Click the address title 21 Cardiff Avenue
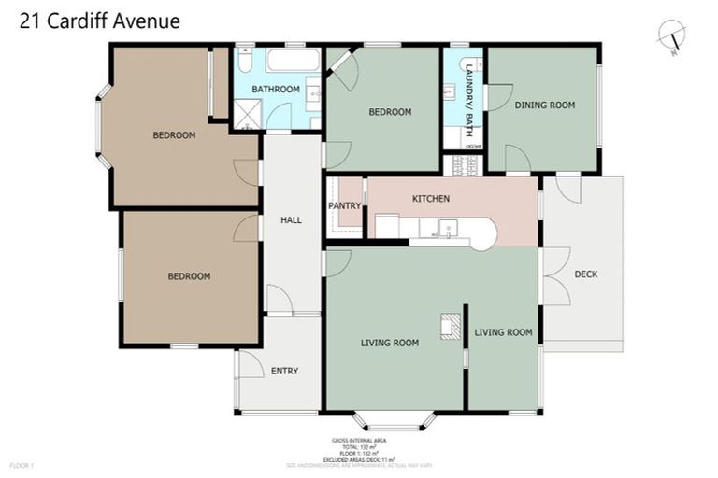click(x=100, y=21)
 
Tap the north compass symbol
click(x=671, y=37)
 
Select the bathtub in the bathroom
click(x=293, y=62)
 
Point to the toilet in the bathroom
click(x=244, y=62)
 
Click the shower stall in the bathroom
click(x=249, y=115)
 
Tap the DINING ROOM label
click(x=545, y=105)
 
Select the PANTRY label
click(x=345, y=205)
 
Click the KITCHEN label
click(x=431, y=199)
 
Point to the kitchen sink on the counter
click(x=449, y=227)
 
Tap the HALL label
click(x=291, y=220)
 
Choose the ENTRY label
click(x=284, y=371)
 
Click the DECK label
click(x=586, y=274)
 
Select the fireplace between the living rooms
click(x=452, y=324)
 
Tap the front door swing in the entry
click(x=250, y=364)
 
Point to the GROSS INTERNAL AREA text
click(x=359, y=440)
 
